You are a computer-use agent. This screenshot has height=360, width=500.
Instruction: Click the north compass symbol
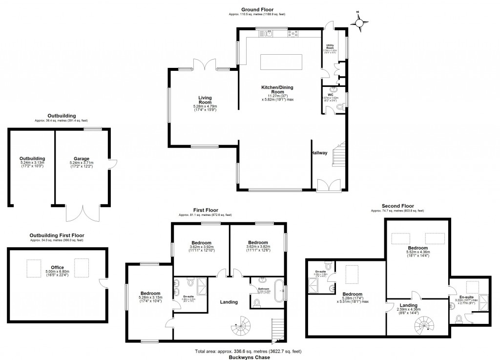[x=360, y=22]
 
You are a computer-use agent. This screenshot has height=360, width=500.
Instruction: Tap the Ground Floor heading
[x=257, y=9]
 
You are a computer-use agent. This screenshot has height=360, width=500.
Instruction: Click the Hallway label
[x=320, y=153]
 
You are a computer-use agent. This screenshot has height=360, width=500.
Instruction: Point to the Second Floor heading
[x=397, y=206]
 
